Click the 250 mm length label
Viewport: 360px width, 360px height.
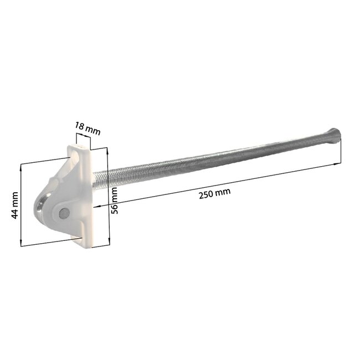(214, 192)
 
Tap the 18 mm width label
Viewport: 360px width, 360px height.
(88, 129)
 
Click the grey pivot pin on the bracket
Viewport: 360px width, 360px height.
(65, 212)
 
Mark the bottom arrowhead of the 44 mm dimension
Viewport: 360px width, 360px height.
(22, 244)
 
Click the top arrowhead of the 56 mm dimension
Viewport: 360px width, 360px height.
(106, 150)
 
